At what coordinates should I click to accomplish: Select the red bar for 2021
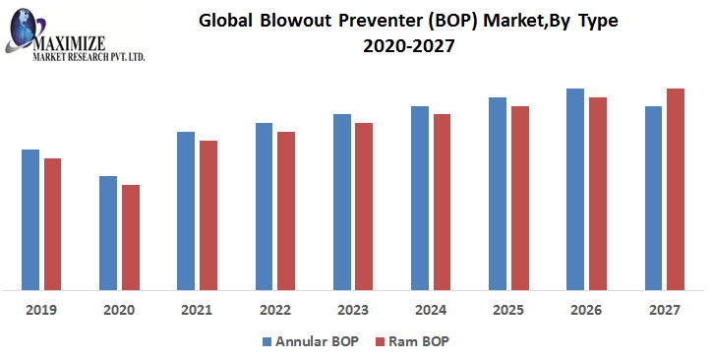pyautogui.click(x=208, y=215)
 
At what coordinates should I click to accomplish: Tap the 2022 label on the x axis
pyautogui.click(x=274, y=310)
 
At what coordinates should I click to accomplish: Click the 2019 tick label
pyautogui.click(x=41, y=310)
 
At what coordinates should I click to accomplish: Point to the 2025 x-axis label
pyautogui.click(x=507, y=310)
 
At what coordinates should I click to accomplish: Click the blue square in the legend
pyautogui.click(x=267, y=341)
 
